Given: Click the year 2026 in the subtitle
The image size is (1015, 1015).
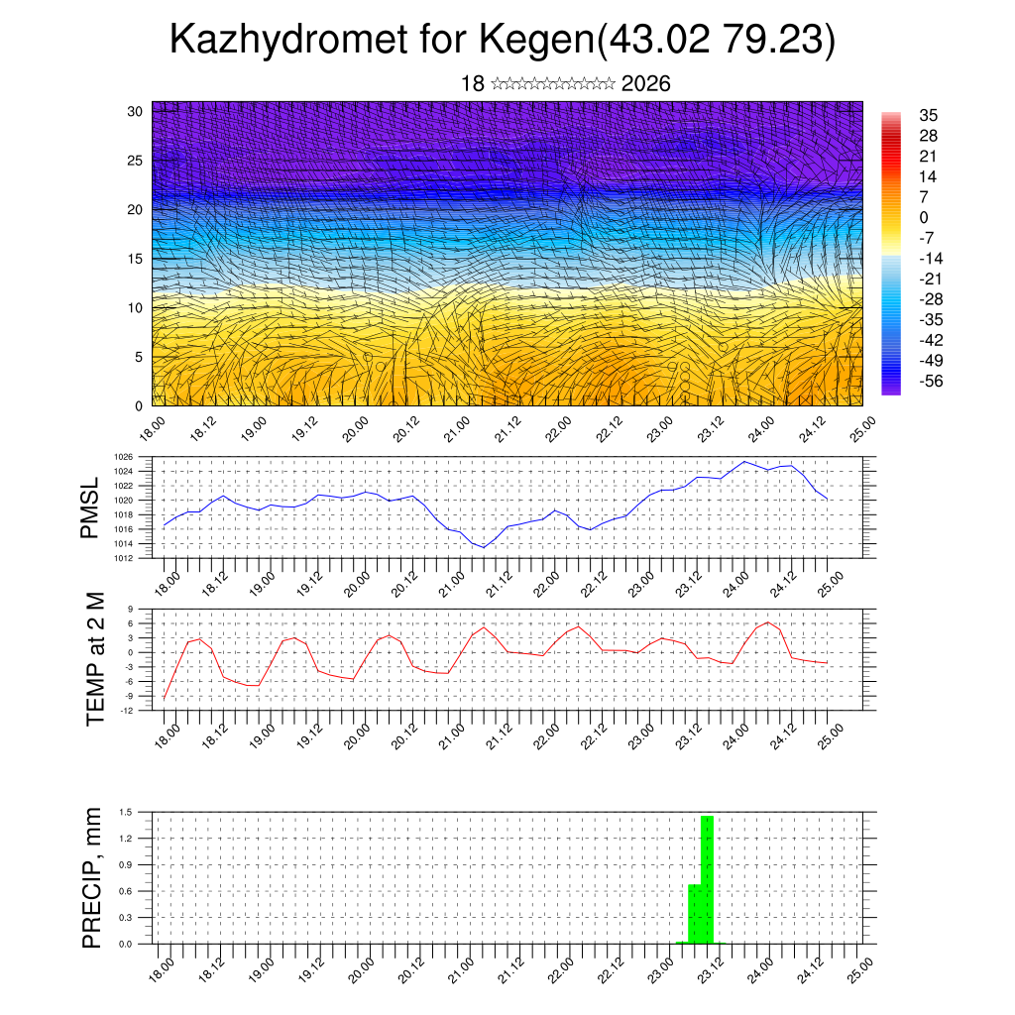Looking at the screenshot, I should click(x=646, y=83).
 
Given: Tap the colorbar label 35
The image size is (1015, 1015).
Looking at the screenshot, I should click(x=929, y=115).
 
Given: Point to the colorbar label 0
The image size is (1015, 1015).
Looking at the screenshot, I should click(x=924, y=217).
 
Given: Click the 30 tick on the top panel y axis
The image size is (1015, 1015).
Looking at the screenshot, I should click(x=136, y=111).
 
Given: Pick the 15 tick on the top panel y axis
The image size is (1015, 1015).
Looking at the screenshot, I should click(x=136, y=259).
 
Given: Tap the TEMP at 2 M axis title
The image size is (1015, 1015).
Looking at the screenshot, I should click(x=95, y=657).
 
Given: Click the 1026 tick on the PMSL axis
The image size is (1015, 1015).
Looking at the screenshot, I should click(x=124, y=457).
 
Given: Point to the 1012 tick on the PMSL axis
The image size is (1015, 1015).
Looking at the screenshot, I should click(x=124, y=558).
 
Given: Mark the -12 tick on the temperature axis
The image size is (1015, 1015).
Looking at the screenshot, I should click(x=128, y=711).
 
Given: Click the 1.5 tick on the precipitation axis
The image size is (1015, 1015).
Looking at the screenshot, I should click(x=126, y=812).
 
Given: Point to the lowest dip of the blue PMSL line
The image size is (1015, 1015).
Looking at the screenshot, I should click(x=484, y=547).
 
